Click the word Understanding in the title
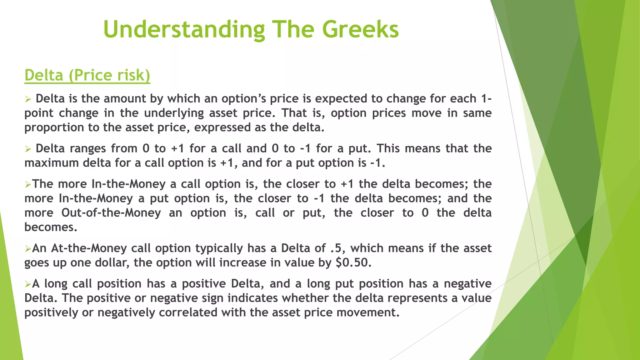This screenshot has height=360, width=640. click(x=184, y=30)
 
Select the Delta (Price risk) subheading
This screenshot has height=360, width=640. click(x=87, y=75)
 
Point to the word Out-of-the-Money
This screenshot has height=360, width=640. click(x=111, y=213)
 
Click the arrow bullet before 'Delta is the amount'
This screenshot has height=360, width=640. click(x=28, y=99)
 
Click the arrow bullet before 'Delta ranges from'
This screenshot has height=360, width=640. click(x=28, y=149)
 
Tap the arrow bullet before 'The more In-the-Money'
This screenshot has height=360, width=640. click(x=28, y=185)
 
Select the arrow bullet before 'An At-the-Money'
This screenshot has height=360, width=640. click(x=28, y=249)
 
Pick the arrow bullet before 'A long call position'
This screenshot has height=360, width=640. click(x=28, y=284)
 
